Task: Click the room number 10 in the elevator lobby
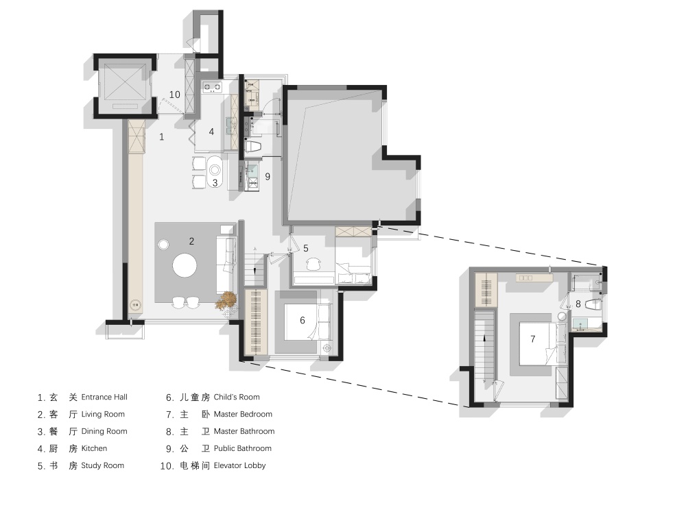(174, 95)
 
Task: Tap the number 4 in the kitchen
(211, 132)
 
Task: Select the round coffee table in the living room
(184, 265)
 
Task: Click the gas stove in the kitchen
(213, 87)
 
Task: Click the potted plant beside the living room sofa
(226, 301)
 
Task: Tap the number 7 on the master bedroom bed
(532, 339)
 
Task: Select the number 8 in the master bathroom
(578, 304)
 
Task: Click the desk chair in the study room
(314, 264)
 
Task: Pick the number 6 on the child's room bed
(303, 320)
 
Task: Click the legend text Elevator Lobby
(239, 465)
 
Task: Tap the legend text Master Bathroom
(244, 431)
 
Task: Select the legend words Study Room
(103, 465)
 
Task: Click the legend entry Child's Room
(237, 397)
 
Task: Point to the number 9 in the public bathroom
(268, 177)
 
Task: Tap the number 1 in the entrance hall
(161, 137)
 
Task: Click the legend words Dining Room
(104, 431)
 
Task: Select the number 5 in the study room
(306, 248)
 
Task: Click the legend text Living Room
(103, 415)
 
